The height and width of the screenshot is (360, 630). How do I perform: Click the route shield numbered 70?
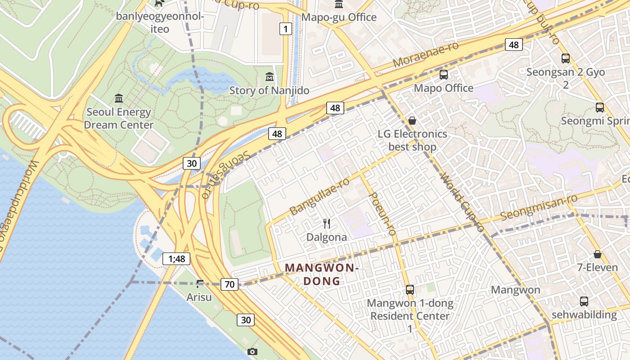click(229, 284)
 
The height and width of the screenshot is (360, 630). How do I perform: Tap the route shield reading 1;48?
click(176, 259)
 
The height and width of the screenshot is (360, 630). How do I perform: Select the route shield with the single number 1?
click(285, 29)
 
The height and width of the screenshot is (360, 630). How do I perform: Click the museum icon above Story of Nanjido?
click(270, 76)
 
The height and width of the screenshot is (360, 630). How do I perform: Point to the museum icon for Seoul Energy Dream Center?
click(119, 98)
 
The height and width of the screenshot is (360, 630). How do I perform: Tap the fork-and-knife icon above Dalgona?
click(327, 223)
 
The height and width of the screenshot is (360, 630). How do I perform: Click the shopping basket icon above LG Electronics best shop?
click(412, 121)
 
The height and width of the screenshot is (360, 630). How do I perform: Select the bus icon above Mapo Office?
click(443, 75)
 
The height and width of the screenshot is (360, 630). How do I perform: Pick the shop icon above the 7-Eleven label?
click(597, 254)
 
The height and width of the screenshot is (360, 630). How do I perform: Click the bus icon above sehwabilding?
click(584, 301)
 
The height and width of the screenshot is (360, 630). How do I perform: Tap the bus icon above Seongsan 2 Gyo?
click(565, 58)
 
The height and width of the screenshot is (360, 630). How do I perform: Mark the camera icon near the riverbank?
click(252, 351)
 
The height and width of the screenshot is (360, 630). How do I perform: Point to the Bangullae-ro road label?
click(319, 196)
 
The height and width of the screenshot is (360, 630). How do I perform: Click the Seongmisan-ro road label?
click(539, 207)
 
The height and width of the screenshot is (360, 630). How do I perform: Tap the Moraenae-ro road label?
click(425, 55)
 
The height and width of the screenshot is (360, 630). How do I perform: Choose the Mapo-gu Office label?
click(338, 17)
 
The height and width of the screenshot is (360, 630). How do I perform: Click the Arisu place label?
click(199, 297)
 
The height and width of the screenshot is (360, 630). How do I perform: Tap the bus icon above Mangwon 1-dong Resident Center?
click(409, 290)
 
